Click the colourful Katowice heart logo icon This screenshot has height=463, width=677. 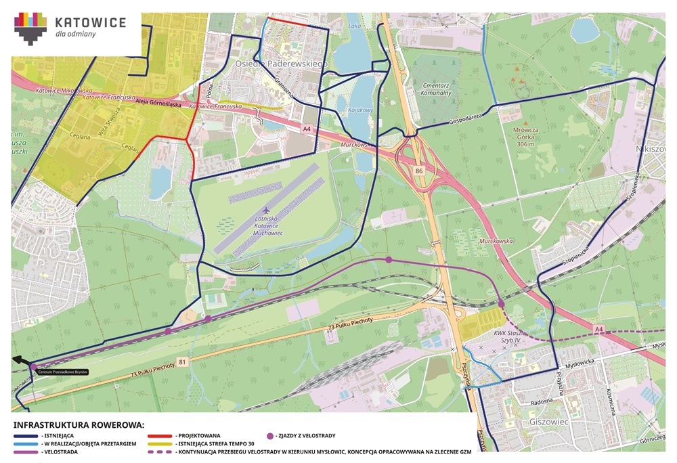31,28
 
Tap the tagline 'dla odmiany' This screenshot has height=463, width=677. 75,33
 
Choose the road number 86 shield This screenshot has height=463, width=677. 419,172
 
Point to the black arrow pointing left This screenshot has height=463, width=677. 22,360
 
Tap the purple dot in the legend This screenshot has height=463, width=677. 270,435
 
